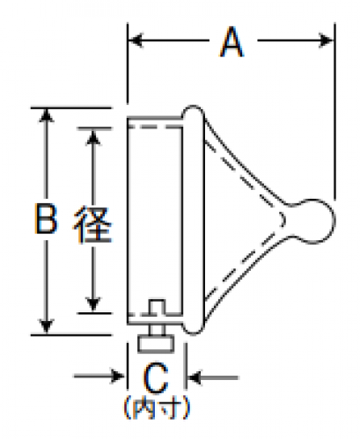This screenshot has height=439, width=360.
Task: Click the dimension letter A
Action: pos(231,41)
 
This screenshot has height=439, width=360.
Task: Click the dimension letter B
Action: pos(46,218)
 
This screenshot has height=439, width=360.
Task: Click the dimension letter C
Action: pos(156,378)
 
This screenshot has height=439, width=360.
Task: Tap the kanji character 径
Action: pos(92,225)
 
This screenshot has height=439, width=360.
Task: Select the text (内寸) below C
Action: pos(157,407)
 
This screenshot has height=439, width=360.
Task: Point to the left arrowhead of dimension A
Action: pos(136,40)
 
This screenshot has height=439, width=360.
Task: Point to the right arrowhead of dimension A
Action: pos(327,40)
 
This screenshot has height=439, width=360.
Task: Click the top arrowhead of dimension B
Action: pos(46,115)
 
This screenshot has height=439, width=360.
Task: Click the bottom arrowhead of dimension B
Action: pos(46,327)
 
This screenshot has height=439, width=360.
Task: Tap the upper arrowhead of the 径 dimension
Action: pos(93,138)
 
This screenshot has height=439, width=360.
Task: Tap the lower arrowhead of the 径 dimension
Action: pos(93,304)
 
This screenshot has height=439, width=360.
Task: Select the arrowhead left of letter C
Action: pos(118,376)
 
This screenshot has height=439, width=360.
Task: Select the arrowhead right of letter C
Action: pos(195,377)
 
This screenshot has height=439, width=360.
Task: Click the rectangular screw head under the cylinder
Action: pos(156,344)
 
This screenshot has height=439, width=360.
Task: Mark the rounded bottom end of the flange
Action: pos(193,328)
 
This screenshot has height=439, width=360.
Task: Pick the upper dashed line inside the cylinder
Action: pos(155,128)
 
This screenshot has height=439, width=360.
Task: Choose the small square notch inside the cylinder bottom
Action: pos(157,307)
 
